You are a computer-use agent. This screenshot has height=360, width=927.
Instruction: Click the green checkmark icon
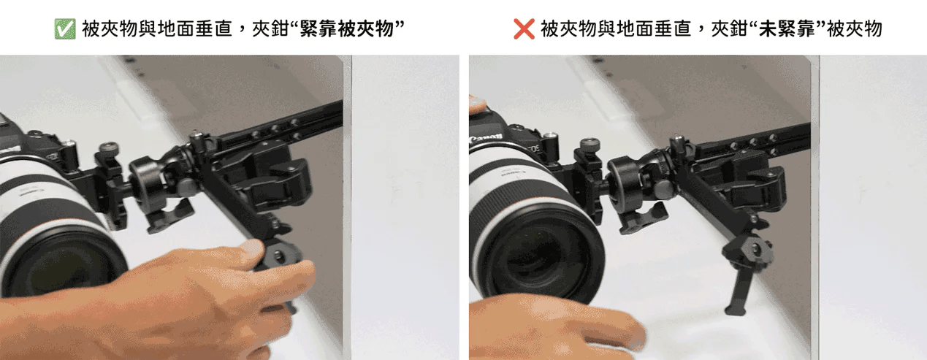[x=65, y=29]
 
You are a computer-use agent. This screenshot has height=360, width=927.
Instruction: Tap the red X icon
[x=524, y=29]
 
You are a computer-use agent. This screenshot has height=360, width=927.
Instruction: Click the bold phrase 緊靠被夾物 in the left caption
[x=346, y=29]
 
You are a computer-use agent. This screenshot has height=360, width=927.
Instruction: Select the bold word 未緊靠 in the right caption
[x=787, y=29]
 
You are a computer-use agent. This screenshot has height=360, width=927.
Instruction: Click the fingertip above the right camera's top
[x=476, y=104]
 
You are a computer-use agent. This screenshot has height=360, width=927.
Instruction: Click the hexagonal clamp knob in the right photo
[x=748, y=248]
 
